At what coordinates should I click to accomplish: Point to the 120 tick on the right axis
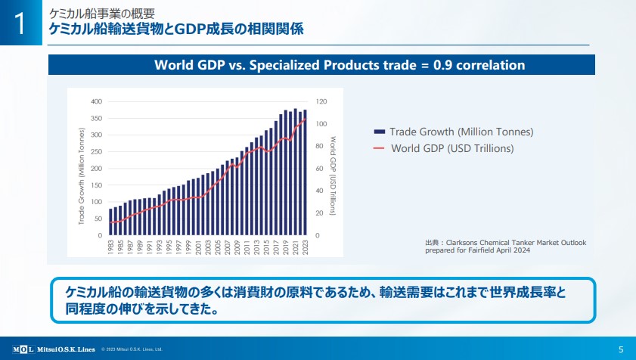tap(321, 101)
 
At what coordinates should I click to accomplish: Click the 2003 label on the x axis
tap(208, 247)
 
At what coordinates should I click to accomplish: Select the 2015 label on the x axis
tap(266, 247)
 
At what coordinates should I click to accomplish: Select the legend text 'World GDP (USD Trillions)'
tap(452, 148)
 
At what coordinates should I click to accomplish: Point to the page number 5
tap(621, 349)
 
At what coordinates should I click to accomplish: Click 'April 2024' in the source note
tap(502, 250)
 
